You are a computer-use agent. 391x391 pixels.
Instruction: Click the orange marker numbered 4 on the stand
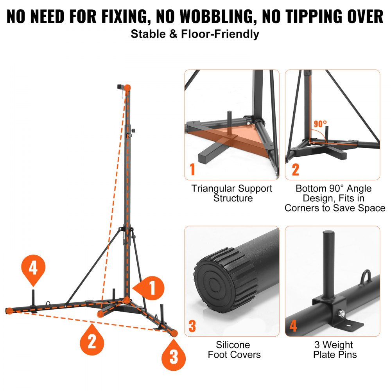pos(33,269)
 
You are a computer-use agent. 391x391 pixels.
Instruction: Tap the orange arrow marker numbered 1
pos(149,289)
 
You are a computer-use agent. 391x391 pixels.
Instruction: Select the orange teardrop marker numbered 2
pos(92,341)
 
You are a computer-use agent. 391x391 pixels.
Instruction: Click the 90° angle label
pos(320,124)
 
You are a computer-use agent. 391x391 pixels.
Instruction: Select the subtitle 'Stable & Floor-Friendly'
pos(195,34)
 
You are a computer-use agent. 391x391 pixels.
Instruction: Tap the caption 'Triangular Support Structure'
pos(232,193)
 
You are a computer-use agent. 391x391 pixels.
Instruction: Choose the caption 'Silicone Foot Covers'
pos(234,350)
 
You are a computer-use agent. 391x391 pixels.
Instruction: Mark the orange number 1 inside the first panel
pos(192,170)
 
